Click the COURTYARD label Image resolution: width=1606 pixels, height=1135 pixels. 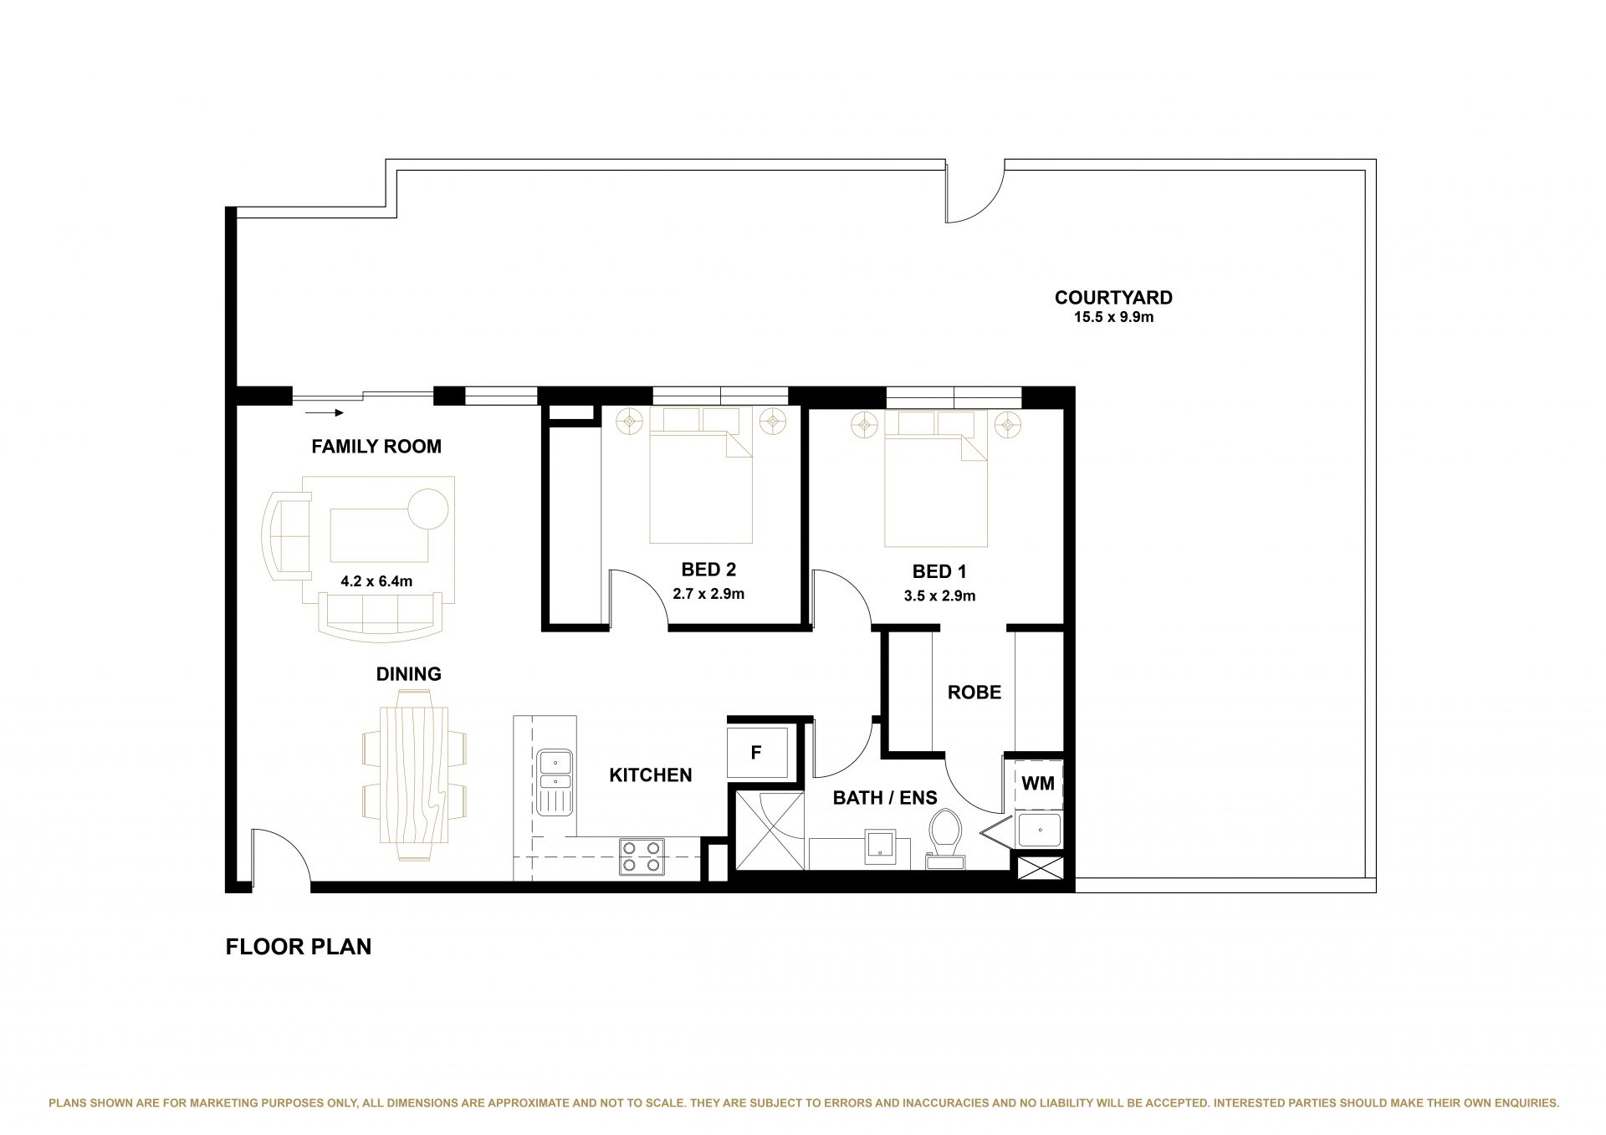pos(1113,298)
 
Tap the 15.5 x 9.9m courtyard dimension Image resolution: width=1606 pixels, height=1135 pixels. pos(1113,318)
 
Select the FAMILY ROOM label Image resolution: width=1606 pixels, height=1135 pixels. pos(376,447)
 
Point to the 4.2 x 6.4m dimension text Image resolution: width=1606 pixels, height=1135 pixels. pos(376,581)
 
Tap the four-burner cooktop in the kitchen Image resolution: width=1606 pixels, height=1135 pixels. pos(642,856)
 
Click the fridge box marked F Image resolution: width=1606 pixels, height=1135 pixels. pos(757,753)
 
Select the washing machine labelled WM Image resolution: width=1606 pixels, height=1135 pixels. pos(1039,785)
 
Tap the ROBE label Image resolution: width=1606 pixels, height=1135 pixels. pos(974,693)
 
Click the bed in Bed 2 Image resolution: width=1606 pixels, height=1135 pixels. pos(702,475)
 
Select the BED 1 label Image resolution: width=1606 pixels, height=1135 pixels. pos(939,572)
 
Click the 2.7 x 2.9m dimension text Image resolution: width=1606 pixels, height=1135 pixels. pos(708,595)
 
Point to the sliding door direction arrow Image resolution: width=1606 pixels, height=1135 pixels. pos(325,412)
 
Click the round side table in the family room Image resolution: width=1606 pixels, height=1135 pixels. pos(428,508)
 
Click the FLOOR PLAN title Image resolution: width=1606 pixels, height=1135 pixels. pos(299,947)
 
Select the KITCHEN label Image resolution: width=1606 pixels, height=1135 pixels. pos(651,775)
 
